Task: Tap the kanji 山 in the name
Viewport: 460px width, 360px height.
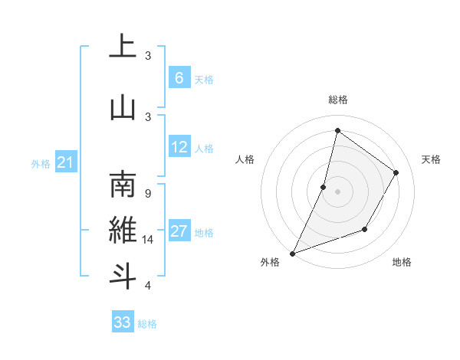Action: tap(123, 106)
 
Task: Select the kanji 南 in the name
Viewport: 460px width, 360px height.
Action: tap(123, 185)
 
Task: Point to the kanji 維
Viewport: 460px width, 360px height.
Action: tap(123, 230)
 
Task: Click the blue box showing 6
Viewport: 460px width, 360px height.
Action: tap(179, 77)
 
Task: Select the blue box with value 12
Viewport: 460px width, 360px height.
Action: tap(179, 147)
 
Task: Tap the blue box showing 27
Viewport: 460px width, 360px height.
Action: tap(179, 231)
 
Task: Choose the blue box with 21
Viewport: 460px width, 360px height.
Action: tap(65, 162)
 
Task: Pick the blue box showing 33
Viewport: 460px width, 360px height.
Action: tap(123, 322)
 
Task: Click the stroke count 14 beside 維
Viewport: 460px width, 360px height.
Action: tap(149, 240)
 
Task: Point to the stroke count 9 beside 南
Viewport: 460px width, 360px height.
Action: tap(147, 195)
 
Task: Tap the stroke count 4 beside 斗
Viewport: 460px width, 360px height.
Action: tap(147, 285)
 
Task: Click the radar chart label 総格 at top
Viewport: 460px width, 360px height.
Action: tap(337, 100)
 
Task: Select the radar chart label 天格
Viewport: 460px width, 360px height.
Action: tap(431, 159)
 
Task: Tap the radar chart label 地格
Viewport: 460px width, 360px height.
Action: tap(402, 262)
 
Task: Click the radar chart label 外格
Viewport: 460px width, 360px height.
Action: tap(270, 262)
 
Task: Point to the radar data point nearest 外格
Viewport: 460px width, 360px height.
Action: tap(292, 253)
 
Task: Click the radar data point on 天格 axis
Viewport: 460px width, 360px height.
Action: tap(396, 172)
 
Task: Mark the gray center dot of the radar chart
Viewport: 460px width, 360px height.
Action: tap(337, 191)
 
